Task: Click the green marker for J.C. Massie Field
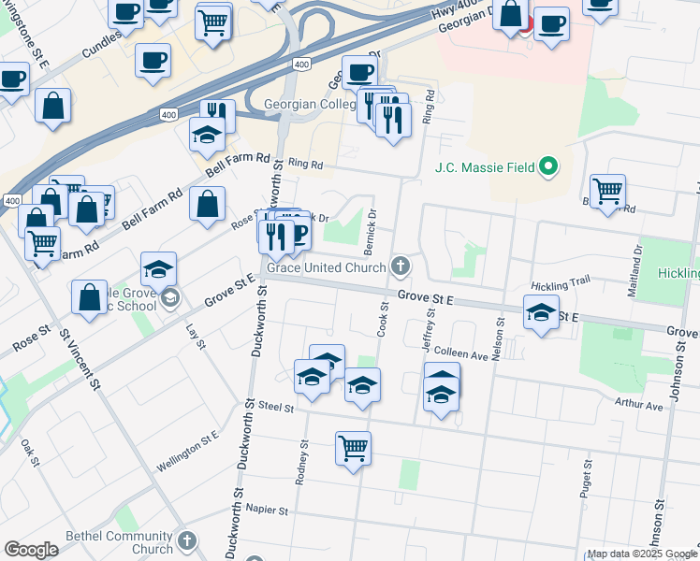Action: (x=549, y=168)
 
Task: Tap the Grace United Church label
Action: (x=327, y=268)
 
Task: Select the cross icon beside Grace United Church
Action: (x=400, y=267)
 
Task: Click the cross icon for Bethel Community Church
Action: (x=187, y=541)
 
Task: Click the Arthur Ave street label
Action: (x=639, y=406)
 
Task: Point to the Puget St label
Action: (x=587, y=478)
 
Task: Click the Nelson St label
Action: (x=500, y=337)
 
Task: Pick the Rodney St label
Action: (x=302, y=462)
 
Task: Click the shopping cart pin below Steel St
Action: (x=353, y=450)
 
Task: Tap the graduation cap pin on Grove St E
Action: (x=541, y=314)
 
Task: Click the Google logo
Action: (x=31, y=550)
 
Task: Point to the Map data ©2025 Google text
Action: (x=641, y=554)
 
